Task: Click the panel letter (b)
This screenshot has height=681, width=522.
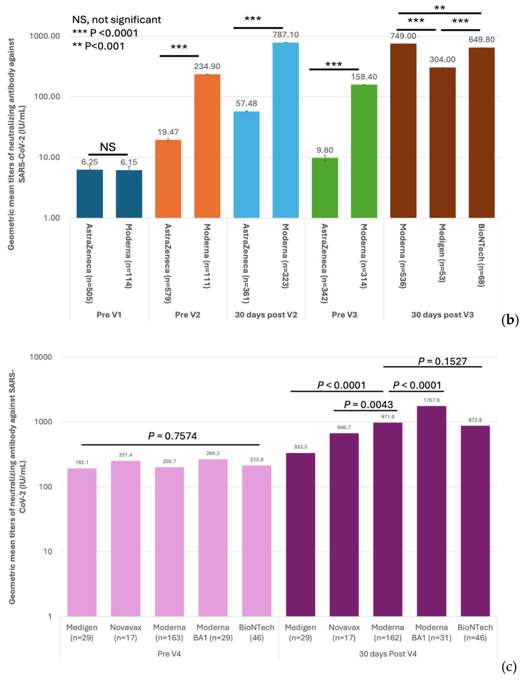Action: tap(510, 319)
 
